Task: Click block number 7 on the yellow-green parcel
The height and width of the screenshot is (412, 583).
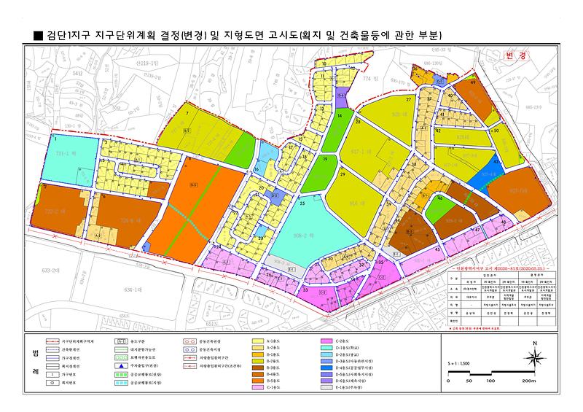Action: click(187, 114)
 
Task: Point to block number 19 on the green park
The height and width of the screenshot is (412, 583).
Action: click(326, 158)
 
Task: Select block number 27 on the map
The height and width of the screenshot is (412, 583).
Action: click(409, 99)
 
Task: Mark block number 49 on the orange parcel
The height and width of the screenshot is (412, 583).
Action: click(474, 83)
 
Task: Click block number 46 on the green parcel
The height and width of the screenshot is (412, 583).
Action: click(439, 198)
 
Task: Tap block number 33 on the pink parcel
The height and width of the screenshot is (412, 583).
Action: click(305, 290)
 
